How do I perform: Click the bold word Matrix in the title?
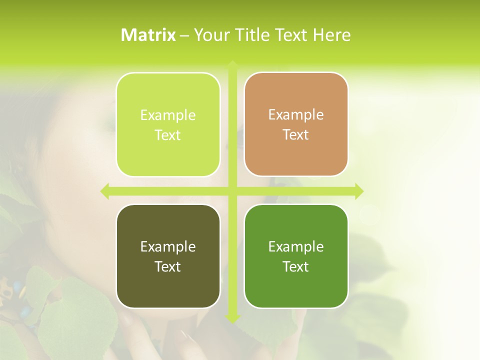click(148, 35)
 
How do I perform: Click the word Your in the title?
click(209, 35)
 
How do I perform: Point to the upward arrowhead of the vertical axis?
click(232, 65)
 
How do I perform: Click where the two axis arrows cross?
click(232, 191)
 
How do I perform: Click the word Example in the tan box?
click(296, 115)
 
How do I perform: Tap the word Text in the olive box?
click(168, 266)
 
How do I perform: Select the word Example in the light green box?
click(168, 115)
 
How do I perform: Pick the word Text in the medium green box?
click(296, 266)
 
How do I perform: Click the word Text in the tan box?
click(296, 135)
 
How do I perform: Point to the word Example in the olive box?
click(168, 246)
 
